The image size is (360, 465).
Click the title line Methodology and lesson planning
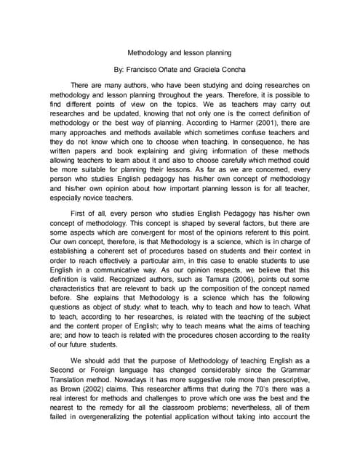pyautogui.click(x=180, y=53)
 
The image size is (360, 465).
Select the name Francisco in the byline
pyautogui.click(x=142, y=72)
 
